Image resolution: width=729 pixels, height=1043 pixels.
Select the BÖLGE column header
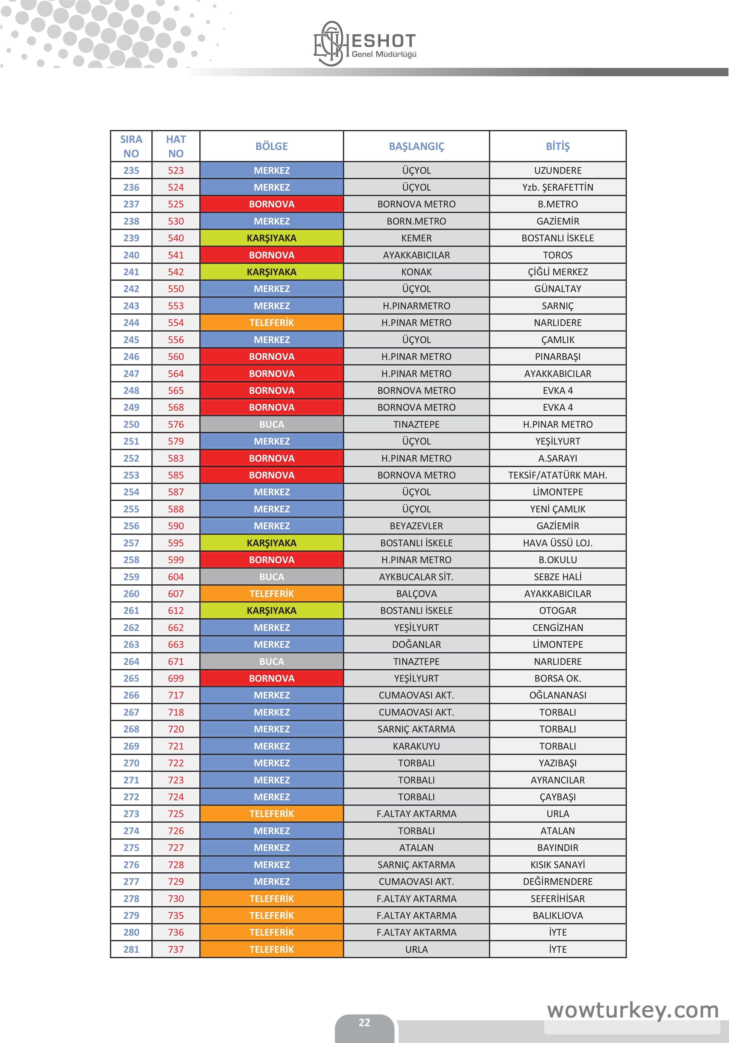[x=271, y=146]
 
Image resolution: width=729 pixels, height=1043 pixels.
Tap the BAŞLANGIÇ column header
[x=416, y=146]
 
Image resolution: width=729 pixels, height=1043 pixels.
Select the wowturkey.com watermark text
[x=633, y=1010]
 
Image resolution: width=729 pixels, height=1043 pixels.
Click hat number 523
[x=176, y=170]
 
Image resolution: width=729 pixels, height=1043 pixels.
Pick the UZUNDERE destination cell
[x=558, y=170]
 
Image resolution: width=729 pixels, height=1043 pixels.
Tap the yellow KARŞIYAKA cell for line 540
[x=271, y=238]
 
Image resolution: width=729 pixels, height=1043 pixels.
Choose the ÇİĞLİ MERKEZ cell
[x=558, y=272]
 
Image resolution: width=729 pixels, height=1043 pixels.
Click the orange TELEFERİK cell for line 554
[x=271, y=323]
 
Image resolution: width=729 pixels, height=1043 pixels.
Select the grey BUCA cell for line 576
[x=271, y=424]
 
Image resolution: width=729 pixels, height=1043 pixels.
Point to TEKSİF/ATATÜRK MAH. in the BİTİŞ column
[x=558, y=475]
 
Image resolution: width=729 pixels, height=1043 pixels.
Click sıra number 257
[x=131, y=543]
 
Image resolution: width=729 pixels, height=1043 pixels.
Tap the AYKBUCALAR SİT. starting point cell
[x=416, y=577]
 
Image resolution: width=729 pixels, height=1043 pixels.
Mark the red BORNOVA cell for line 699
[x=271, y=678]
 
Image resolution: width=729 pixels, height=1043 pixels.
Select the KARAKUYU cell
[x=416, y=746]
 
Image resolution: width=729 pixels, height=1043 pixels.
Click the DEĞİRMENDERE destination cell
[x=558, y=881]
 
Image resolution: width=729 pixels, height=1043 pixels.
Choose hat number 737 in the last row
[x=176, y=949]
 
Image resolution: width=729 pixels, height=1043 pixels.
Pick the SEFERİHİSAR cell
[x=558, y=899]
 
